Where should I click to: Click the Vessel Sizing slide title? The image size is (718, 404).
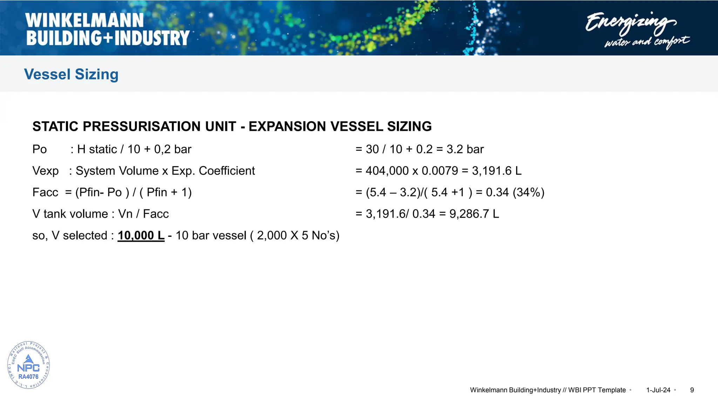[71, 74]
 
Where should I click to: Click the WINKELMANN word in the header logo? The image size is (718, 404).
[84, 20]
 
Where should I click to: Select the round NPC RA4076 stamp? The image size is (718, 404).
[28, 365]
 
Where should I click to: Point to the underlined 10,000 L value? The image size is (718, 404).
[141, 235]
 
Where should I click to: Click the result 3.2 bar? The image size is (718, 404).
[465, 149]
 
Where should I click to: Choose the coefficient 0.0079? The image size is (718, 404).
[440, 171]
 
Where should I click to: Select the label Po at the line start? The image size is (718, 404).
[40, 149]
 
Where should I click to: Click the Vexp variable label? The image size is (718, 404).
[46, 171]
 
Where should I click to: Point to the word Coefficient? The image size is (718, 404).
[227, 171]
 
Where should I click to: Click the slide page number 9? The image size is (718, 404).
[692, 390]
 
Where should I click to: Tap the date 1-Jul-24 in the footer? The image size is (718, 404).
[658, 390]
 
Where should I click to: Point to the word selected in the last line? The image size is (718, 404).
[85, 235]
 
